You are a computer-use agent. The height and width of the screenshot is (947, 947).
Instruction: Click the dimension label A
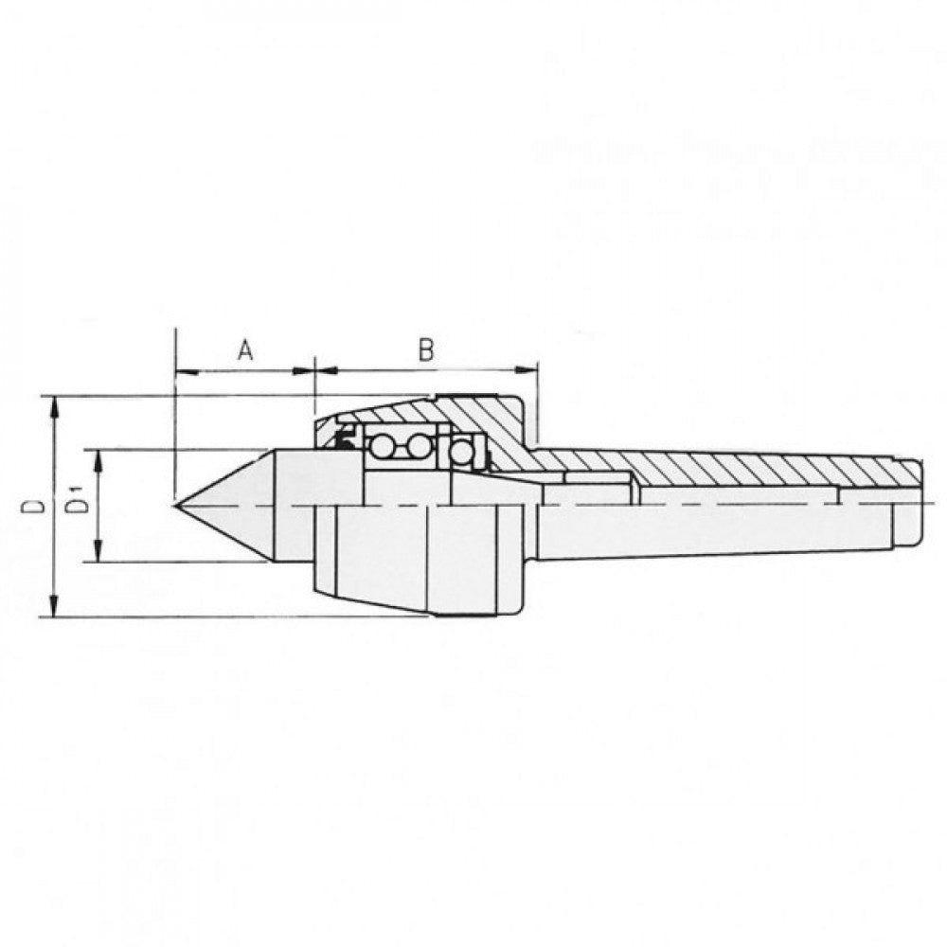[x=244, y=351]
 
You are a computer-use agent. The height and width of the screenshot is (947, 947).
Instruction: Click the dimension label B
[x=426, y=351]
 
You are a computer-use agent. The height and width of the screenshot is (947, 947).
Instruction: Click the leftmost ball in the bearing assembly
[x=384, y=445]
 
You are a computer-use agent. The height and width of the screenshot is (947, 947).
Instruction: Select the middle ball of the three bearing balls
[x=418, y=445]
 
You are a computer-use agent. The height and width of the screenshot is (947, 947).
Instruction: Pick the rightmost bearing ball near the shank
[x=461, y=453]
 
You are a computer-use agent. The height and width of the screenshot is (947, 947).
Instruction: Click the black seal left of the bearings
[x=342, y=440]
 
